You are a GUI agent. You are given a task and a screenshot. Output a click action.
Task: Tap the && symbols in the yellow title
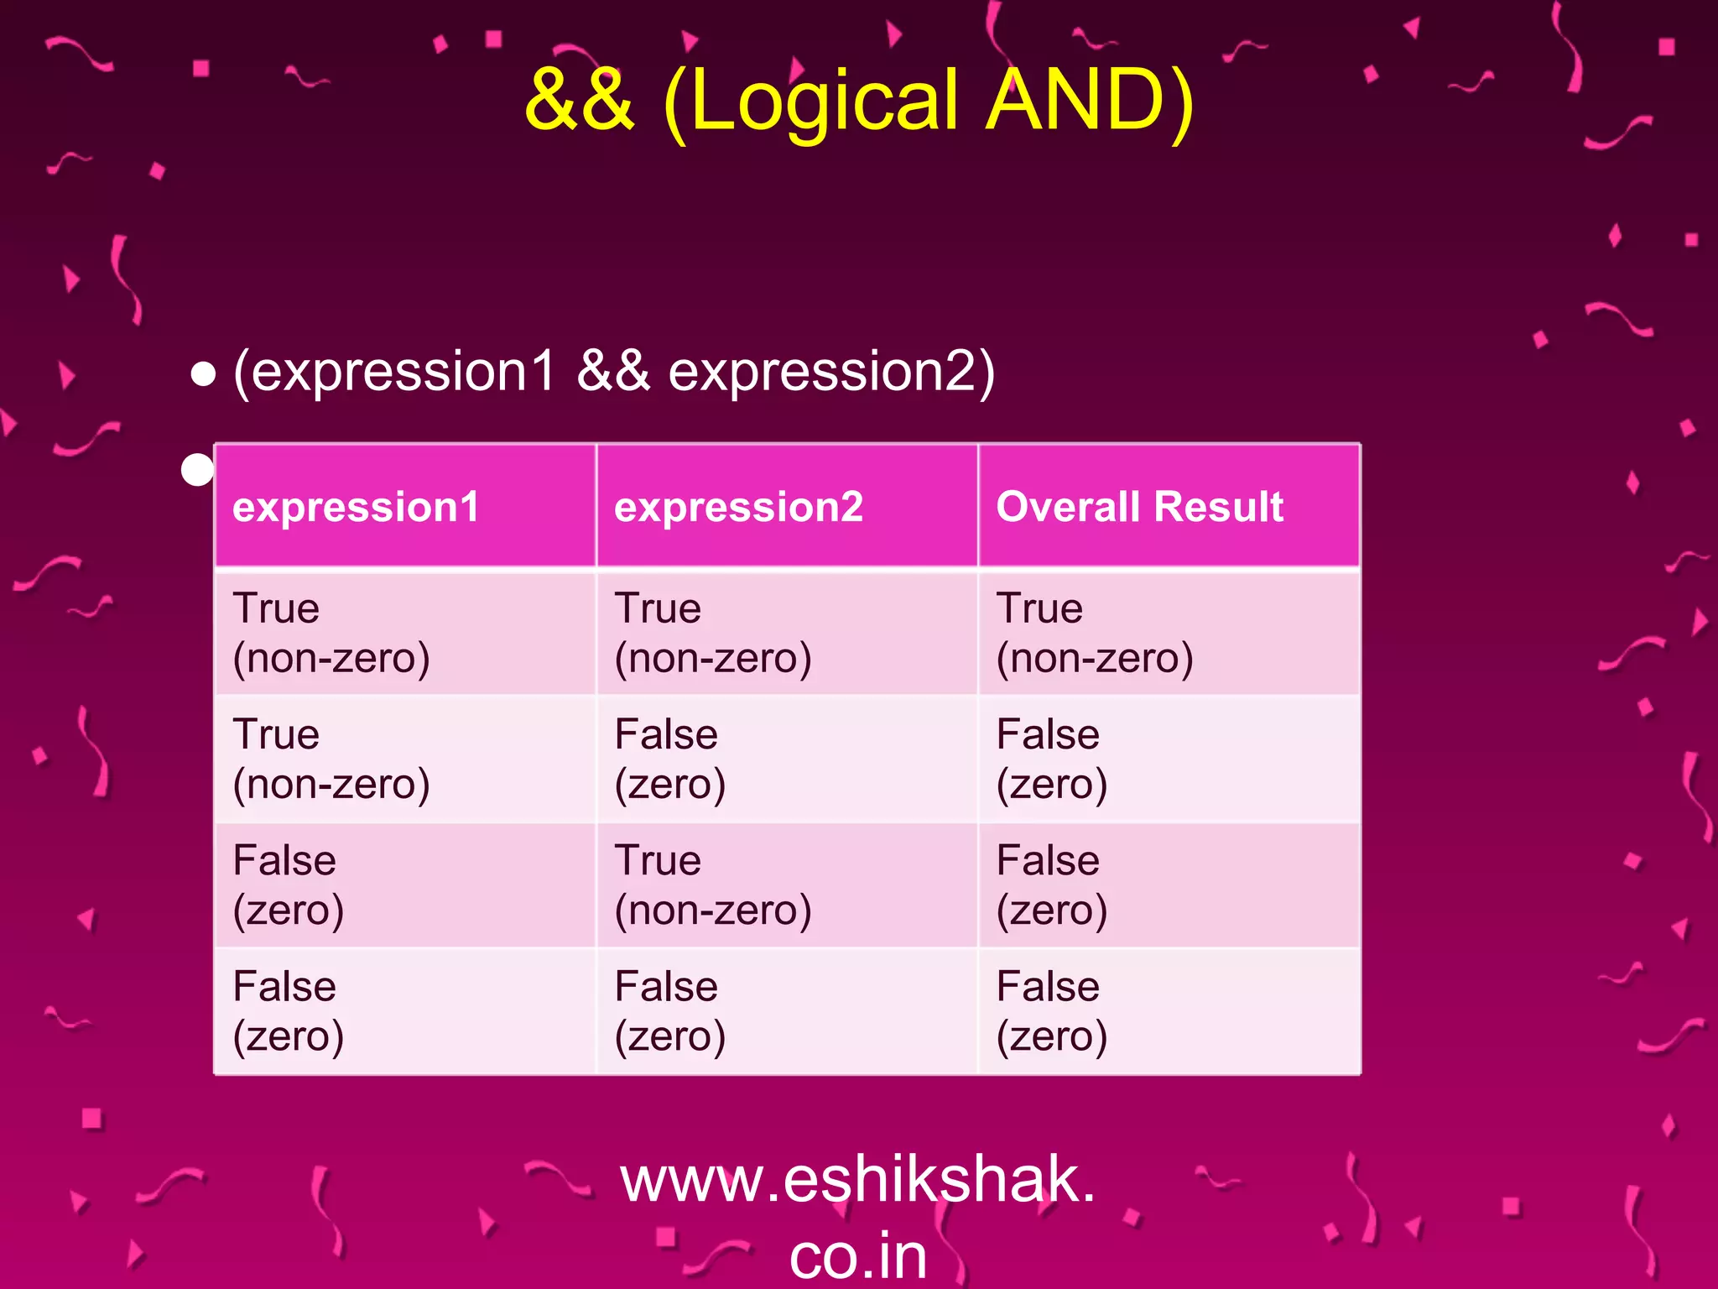point(579,101)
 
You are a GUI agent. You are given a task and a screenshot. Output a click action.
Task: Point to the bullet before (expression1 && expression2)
point(203,374)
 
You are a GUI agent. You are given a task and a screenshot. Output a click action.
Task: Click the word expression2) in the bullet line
point(831,371)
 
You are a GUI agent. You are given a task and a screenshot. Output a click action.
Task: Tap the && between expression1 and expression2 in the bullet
point(613,371)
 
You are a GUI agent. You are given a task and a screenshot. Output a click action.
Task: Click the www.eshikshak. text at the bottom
point(857,1180)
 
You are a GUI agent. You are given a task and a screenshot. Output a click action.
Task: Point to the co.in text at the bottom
point(857,1255)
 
